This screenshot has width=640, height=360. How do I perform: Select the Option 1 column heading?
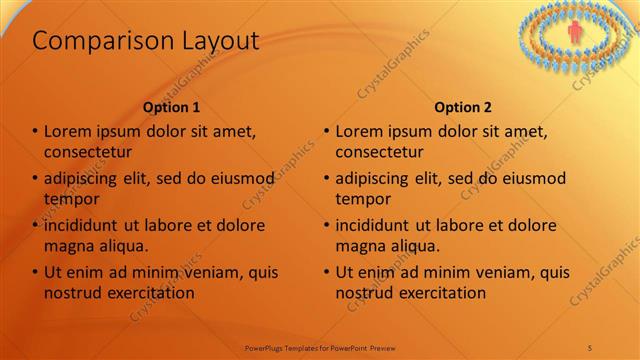(x=171, y=107)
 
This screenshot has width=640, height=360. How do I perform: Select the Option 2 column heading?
(x=463, y=107)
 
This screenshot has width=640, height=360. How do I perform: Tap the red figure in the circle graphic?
(x=575, y=33)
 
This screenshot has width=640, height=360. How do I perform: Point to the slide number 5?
(x=590, y=347)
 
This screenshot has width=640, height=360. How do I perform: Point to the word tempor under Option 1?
(x=72, y=199)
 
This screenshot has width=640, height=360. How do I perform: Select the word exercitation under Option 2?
(x=441, y=293)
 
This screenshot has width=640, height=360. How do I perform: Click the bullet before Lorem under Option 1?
(x=35, y=132)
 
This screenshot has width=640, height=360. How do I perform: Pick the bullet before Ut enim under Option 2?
(x=327, y=272)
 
